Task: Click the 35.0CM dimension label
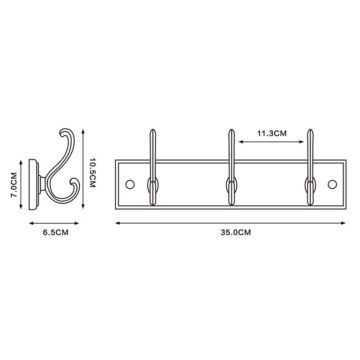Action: (x=236, y=232)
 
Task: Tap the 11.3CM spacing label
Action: (x=271, y=133)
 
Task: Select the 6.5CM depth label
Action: (x=56, y=232)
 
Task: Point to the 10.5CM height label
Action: (x=92, y=172)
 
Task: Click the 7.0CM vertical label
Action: (x=14, y=185)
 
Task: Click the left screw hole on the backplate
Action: (x=130, y=184)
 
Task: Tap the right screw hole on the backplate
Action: (x=332, y=184)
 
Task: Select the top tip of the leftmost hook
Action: (x=153, y=130)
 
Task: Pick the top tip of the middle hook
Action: (x=232, y=130)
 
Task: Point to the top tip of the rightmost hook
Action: (x=310, y=130)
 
